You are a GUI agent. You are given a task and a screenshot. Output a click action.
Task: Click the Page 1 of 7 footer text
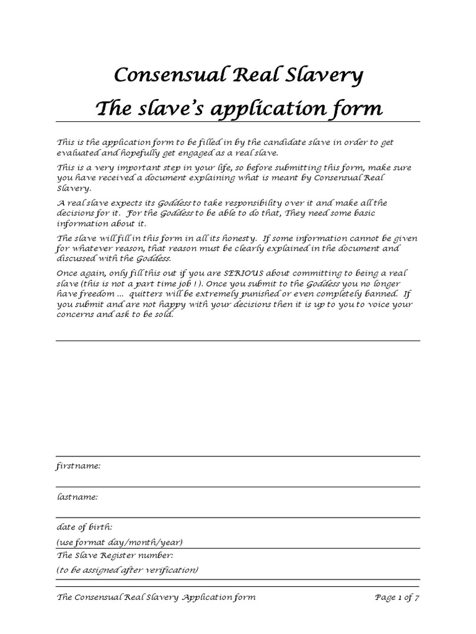[398, 597]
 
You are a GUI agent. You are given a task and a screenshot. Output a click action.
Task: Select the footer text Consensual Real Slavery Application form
[156, 597]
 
